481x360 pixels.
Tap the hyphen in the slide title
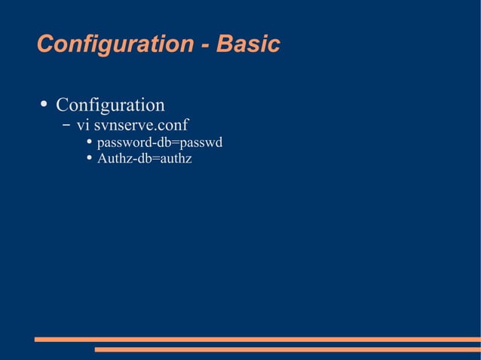(206, 45)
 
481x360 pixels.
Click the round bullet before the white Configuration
(44, 103)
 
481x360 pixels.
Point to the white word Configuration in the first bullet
(110, 104)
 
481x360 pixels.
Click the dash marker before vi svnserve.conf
(67, 124)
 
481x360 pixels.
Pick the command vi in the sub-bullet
(82, 124)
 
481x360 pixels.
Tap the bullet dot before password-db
(89, 142)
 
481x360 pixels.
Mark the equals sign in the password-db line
(176, 142)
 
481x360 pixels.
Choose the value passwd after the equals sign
(201, 142)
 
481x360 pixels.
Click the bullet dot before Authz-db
(89, 158)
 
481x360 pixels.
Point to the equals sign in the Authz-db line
(155, 159)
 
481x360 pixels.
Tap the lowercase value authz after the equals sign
(175, 159)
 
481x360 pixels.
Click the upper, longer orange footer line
(257, 340)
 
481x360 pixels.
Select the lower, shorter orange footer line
(287, 349)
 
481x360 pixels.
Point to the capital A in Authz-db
(102, 159)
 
